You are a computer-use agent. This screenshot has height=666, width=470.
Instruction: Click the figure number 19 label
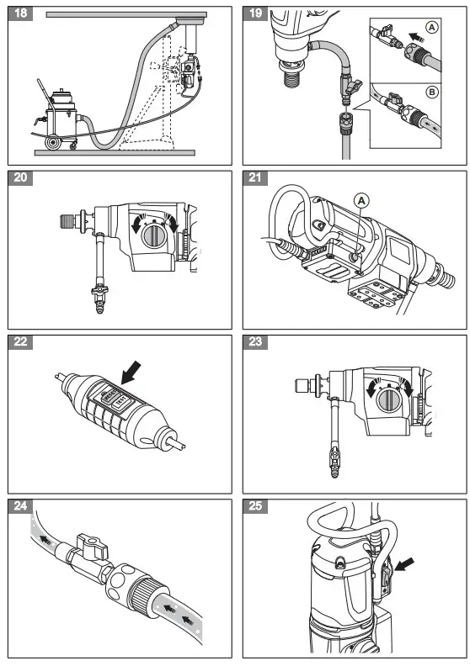(256, 13)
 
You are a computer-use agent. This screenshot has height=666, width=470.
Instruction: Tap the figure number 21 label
(256, 178)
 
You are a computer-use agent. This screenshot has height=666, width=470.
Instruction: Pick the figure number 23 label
(256, 342)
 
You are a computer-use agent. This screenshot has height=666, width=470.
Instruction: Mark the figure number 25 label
(256, 506)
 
